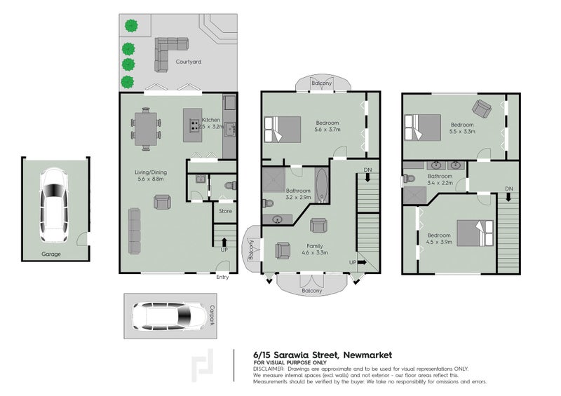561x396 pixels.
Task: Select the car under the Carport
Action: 169,315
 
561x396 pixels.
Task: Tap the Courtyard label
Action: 188,62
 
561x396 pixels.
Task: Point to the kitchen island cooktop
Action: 192,126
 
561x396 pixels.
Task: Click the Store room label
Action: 225,210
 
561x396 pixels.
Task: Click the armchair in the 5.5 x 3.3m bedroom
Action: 481,109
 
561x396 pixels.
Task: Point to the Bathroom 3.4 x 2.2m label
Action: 440,179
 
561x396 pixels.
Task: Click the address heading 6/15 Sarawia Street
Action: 322,355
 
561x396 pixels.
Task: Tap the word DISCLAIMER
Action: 269,369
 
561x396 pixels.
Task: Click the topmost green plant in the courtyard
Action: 130,26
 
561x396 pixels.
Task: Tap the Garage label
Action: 50,254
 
